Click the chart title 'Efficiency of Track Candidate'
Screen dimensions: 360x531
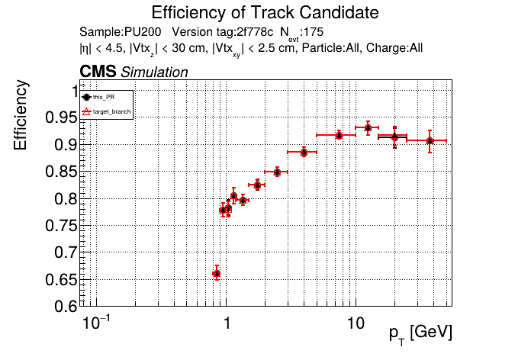(265, 13)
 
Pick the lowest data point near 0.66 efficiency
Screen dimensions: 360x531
(217, 273)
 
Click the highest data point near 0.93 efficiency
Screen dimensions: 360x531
(368, 127)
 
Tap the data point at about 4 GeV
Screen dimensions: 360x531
(304, 152)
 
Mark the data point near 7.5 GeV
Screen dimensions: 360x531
(339, 135)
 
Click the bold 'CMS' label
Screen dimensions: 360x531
(98, 72)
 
